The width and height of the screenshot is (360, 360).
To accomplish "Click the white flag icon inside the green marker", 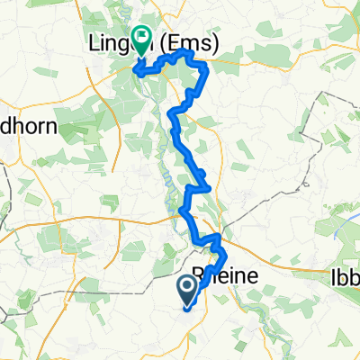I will [x=141, y=37].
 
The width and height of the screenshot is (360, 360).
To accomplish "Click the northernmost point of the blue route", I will [x=186, y=52].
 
